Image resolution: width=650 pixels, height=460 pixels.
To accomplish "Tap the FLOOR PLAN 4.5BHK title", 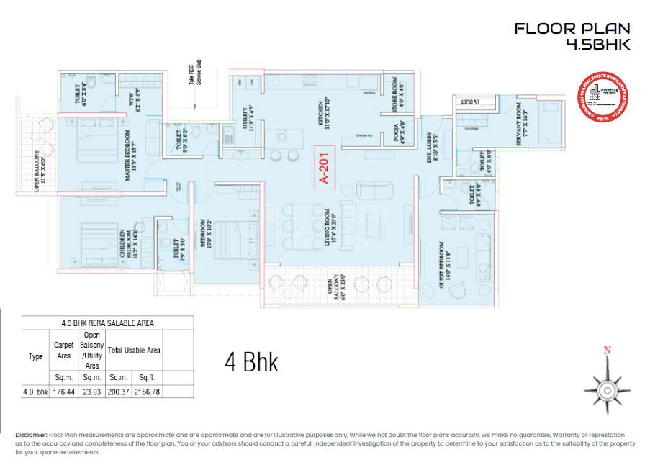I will (572, 36).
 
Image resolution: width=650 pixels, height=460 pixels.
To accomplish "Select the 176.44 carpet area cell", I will (64, 392).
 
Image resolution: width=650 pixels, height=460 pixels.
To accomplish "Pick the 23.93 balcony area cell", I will (91, 392).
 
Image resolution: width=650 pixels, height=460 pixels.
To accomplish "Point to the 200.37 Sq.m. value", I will (118, 392).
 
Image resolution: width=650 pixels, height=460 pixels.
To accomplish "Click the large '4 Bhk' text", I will (251, 361).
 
